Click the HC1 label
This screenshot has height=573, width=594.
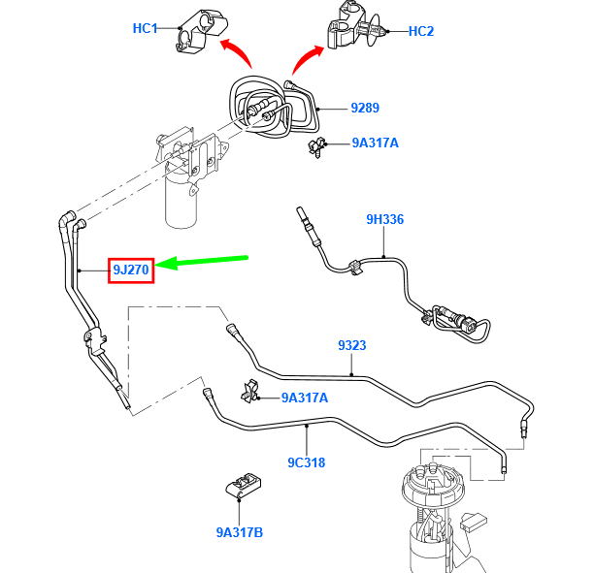pos(145,28)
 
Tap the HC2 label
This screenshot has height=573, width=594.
pos(421,31)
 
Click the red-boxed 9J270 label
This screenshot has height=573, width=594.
pos(130,270)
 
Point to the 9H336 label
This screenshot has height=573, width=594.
pos(384,219)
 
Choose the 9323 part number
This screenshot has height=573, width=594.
pos(351,345)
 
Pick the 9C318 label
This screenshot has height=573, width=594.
pos(306,462)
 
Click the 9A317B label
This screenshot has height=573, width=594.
pos(240,531)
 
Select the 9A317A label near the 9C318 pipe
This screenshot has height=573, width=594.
pos(305,398)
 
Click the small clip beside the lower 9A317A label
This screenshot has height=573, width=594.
pos(249,390)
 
